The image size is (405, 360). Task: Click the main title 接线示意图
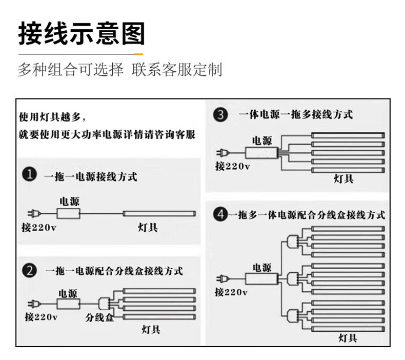pyautogui.click(x=82, y=34)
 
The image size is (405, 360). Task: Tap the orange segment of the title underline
pyautogui.click(x=138, y=53)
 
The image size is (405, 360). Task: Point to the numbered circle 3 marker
pyautogui.click(x=220, y=114)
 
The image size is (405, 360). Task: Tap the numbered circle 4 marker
pyautogui.click(x=220, y=215)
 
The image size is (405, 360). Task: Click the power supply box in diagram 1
pyautogui.click(x=69, y=213)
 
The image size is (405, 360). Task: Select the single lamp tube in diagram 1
pyautogui.click(x=159, y=213)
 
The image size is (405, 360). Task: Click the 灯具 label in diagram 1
pyautogui.click(x=148, y=227)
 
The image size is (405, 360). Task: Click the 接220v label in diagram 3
pyautogui.click(x=232, y=166)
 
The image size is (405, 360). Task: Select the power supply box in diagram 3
pyautogui.click(x=261, y=152)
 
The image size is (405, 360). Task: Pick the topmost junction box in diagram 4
pyautogui.click(x=293, y=241)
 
